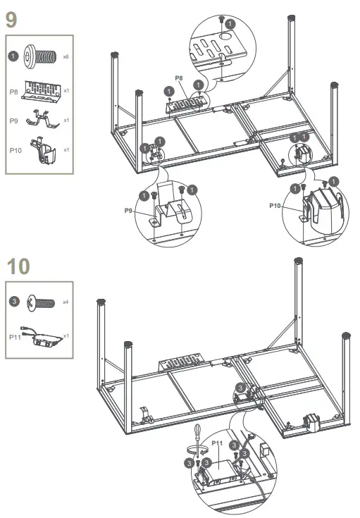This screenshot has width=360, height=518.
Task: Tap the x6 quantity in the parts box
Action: pos(66,56)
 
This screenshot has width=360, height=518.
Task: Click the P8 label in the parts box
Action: pos(14,92)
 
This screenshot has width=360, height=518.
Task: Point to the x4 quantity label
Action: pos(66,302)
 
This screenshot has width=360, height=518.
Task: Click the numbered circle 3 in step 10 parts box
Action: pos(14,302)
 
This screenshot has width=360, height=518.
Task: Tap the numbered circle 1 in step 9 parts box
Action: pos(14,55)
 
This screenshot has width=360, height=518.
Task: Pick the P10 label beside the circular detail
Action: pos(275,206)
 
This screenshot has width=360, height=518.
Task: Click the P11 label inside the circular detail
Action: pos(217,444)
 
